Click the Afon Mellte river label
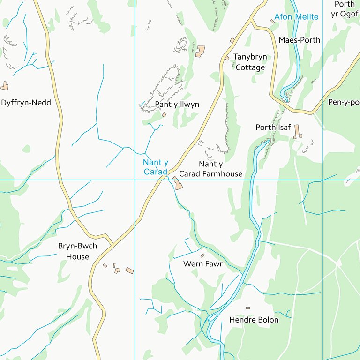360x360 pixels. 296,17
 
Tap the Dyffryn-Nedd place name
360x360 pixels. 26,103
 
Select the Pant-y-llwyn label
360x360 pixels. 177,104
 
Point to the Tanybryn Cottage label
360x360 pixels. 250,62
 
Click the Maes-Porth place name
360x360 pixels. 300,40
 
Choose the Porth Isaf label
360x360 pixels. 273,127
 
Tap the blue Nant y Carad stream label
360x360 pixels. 155,167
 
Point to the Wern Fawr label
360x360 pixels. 202,264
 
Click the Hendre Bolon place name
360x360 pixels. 254,320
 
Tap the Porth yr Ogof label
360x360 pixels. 345,9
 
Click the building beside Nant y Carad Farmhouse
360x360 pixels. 178,183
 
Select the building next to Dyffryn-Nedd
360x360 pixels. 5,86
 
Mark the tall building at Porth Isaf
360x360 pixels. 297,130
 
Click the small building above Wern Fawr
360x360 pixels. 202,255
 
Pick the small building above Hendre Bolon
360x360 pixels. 248,308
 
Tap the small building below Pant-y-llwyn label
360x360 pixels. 164,114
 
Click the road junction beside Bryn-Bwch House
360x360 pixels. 112,244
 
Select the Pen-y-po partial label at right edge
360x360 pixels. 344,102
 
